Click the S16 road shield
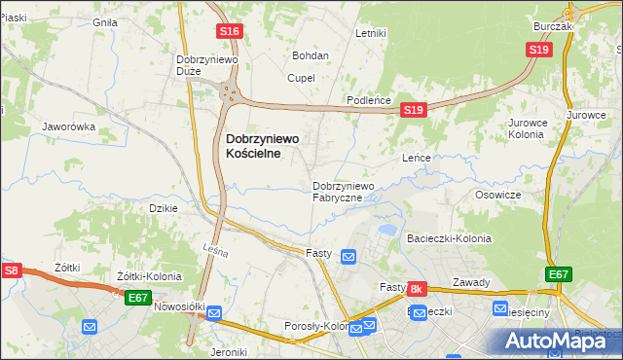(x=230, y=32)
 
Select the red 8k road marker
(x=416, y=289)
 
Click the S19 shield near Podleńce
(x=414, y=111)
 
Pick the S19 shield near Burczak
(x=540, y=50)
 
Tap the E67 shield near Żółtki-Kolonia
(x=137, y=297)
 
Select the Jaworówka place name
(x=68, y=126)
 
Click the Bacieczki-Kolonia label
(x=449, y=238)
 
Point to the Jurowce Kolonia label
(x=530, y=129)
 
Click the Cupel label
(x=301, y=78)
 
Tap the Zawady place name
(x=471, y=282)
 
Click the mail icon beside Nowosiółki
(x=213, y=313)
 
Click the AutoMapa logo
(x=557, y=341)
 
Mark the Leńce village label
(x=417, y=157)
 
